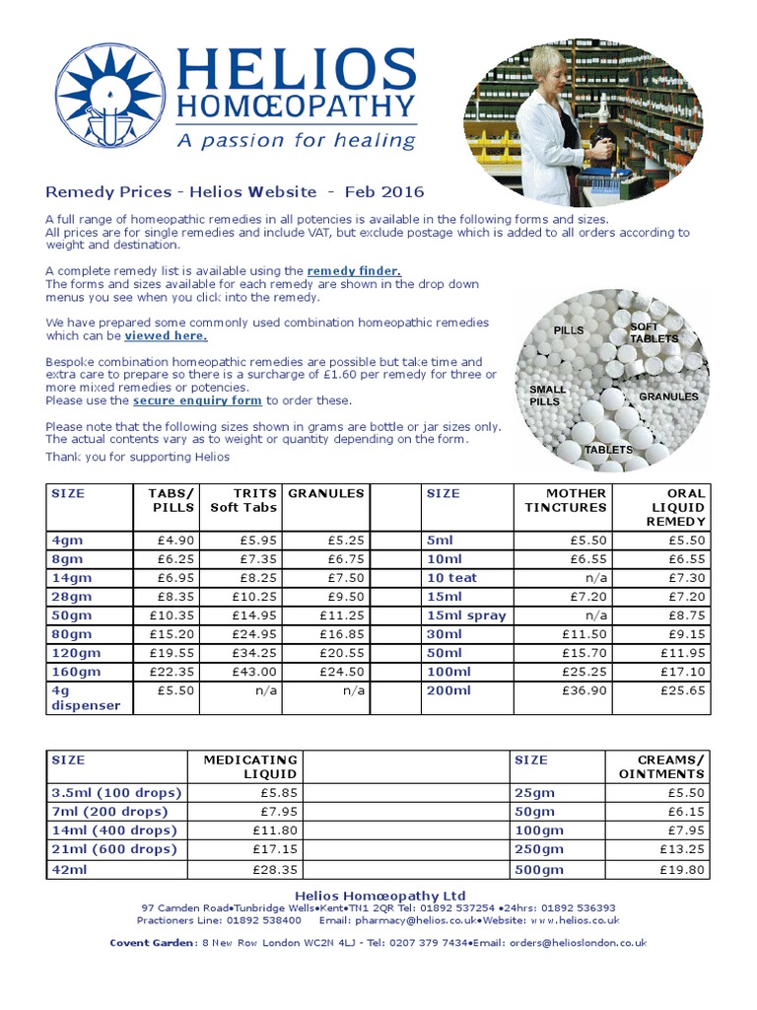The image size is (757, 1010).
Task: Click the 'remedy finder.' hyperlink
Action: pos(354,270)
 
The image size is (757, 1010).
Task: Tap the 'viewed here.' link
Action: pos(166,335)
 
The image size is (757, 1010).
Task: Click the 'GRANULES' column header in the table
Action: pos(325,493)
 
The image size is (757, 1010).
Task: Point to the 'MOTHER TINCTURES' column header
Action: pos(565,500)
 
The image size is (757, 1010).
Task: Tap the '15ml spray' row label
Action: pos(465,614)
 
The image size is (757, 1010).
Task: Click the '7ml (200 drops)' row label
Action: pos(109,811)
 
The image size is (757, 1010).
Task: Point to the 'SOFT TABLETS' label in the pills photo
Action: pos(654,332)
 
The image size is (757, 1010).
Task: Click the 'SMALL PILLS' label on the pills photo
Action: pos(548,396)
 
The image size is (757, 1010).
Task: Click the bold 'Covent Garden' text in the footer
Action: pos(153,942)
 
